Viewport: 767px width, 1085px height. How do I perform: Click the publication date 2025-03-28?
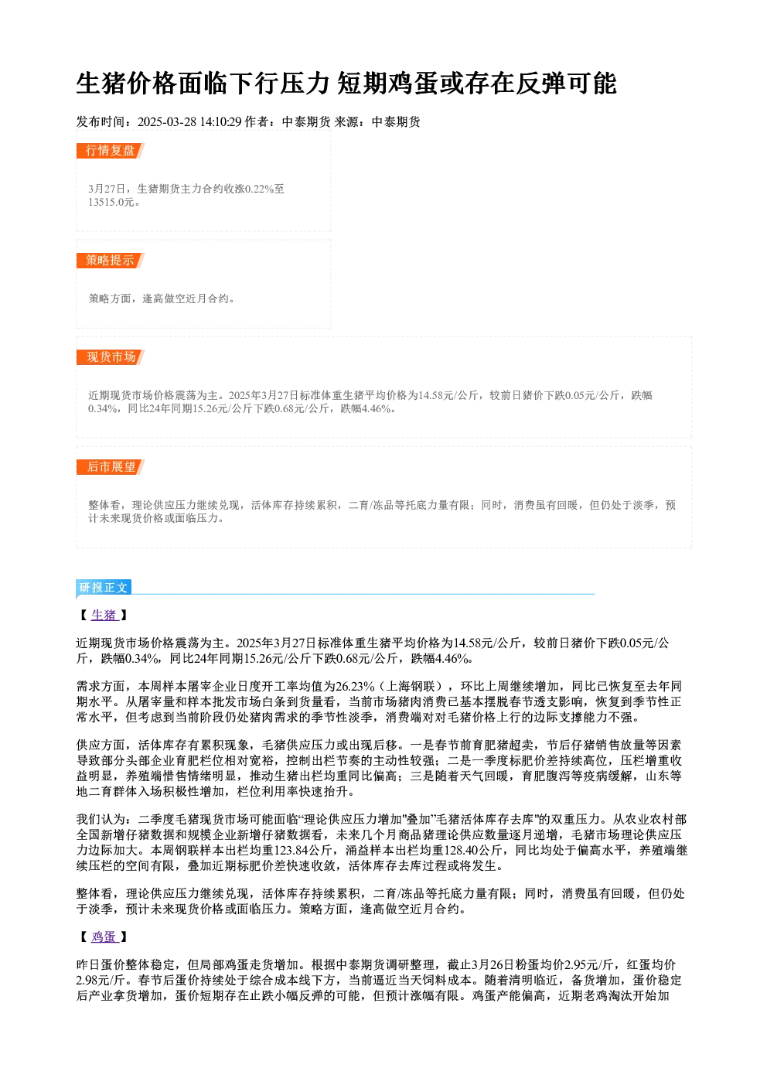coord(166,121)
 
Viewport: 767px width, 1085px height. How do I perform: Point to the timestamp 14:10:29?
coord(220,121)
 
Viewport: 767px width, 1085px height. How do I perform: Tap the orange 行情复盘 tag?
coord(110,151)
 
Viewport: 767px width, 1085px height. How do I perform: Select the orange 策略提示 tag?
coord(110,260)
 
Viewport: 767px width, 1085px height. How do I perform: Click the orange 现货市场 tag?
coord(110,357)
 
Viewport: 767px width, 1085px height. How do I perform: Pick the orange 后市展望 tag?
coord(110,466)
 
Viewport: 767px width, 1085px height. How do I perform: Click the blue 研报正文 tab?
coord(104,587)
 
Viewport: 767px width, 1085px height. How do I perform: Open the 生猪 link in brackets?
coord(104,615)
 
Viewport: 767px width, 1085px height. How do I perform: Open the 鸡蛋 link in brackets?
coord(104,937)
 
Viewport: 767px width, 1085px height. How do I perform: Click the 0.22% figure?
coord(260,189)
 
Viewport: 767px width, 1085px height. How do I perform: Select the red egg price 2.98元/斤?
coord(101,981)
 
